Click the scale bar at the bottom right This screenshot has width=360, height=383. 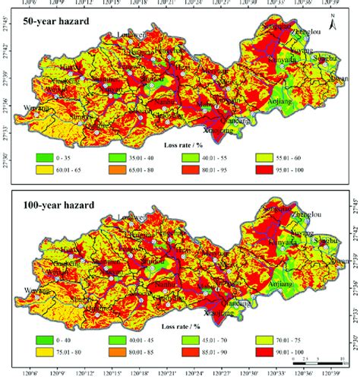319,372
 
